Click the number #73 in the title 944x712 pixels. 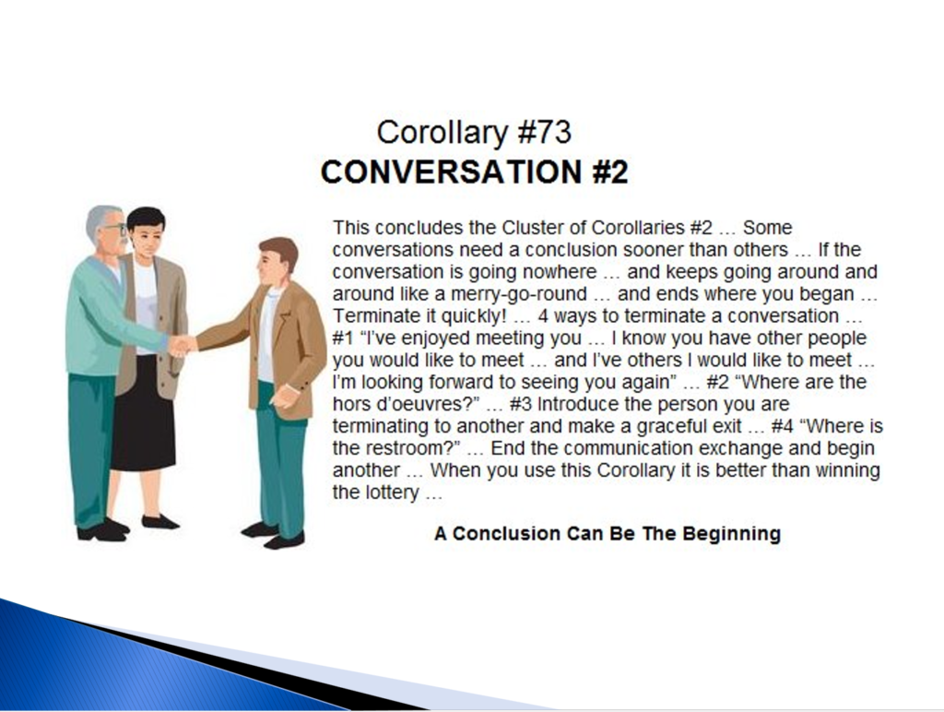(544, 133)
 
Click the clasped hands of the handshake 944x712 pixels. (182, 346)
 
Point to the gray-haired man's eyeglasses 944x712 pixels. (116, 230)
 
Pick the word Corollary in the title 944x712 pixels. (443, 133)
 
